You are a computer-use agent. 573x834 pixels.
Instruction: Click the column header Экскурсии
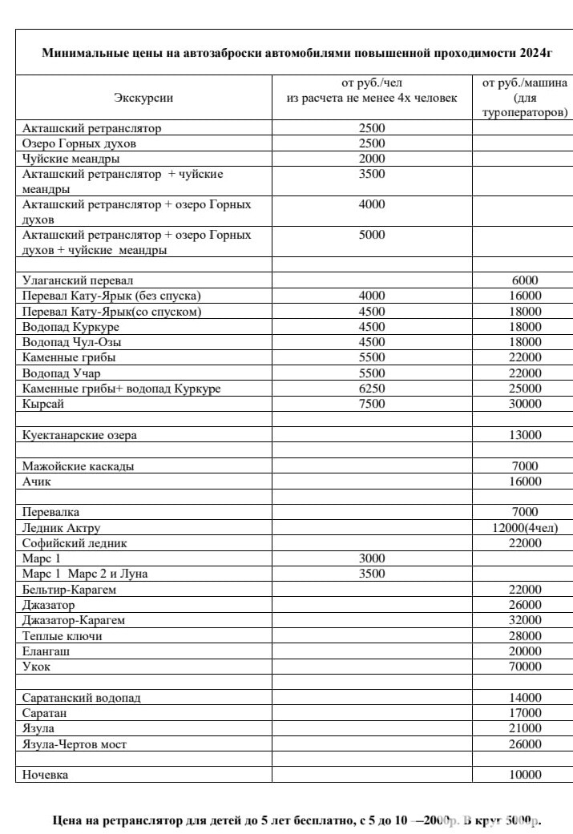(x=143, y=98)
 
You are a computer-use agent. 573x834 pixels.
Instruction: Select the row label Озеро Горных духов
(x=79, y=143)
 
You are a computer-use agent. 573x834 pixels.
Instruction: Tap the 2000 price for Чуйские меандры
(x=372, y=159)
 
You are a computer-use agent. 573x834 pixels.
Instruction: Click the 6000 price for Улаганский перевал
(x=525, y=280)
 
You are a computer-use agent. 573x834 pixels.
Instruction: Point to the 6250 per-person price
(x=372, y=389)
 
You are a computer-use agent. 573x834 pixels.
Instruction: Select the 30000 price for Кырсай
(x=525, y=404)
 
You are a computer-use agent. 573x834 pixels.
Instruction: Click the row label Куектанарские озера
(x=79, y=435)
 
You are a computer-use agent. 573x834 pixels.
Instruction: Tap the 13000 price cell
(x=525, y=435)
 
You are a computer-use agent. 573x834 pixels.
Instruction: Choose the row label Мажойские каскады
(x=79, y=466)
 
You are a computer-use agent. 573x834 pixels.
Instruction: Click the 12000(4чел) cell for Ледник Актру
(x=525, y=528)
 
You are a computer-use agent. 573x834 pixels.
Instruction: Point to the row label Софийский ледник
(x=75, y=543)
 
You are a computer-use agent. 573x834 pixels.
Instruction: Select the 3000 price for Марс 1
(x=372, y=558)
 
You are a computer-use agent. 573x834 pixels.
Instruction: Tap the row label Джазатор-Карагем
(x=74, y=620)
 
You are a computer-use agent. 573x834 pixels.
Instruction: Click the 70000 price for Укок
(x=525, y=667)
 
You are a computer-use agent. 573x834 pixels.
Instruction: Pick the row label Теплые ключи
(x=63, y=636)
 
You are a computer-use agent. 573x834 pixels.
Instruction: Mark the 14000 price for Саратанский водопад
(x=525, y=698)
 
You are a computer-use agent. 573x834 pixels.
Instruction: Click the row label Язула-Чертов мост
(x=75, y=744)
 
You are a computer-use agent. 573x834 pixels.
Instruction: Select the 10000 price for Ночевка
(x=525, y=775)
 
